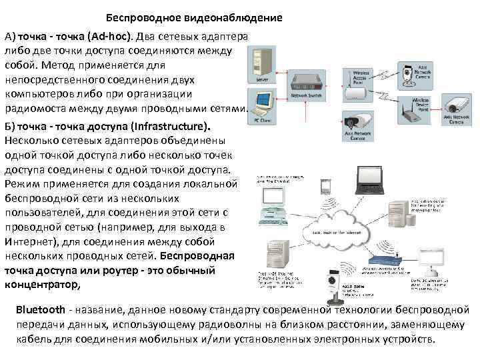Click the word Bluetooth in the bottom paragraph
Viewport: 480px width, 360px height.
click(x=39, y=310)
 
